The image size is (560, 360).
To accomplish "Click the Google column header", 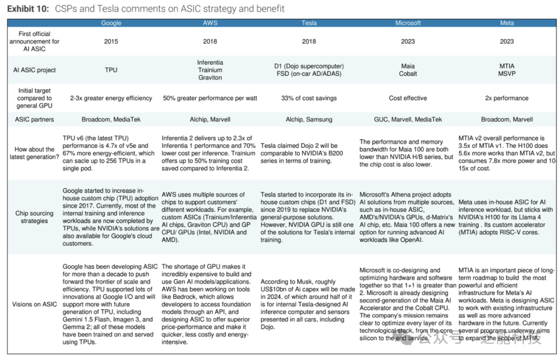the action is point(111,23).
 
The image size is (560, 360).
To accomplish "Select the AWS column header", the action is point(210,23).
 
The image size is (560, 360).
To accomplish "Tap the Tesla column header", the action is point(309,23).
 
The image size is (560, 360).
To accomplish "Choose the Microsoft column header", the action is point(408,23).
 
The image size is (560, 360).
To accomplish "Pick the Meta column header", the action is point(507,23).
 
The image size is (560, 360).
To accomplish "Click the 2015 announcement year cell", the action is point(111,41).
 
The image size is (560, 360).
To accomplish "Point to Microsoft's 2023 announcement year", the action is point(408,41).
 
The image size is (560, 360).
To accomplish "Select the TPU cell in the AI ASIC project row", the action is point(111,70).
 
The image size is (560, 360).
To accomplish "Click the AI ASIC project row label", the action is point(34,70).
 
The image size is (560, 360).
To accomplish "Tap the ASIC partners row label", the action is point(34,119).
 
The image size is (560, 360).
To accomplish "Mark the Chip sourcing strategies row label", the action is point(34,217).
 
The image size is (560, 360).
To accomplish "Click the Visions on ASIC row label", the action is point(34,304).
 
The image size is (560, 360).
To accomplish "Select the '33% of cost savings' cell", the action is point(309,98).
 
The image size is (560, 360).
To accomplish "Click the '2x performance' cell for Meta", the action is point(507,98).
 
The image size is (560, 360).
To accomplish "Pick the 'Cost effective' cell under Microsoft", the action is point(408,98).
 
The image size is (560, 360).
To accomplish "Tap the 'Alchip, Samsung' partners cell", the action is point(309,119).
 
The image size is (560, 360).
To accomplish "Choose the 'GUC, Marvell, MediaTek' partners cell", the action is point(408,119).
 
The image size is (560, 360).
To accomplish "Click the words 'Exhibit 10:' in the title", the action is point(28,9).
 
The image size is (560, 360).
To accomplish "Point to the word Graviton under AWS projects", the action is point(210,77).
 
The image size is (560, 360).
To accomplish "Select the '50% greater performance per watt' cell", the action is point(210,98).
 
